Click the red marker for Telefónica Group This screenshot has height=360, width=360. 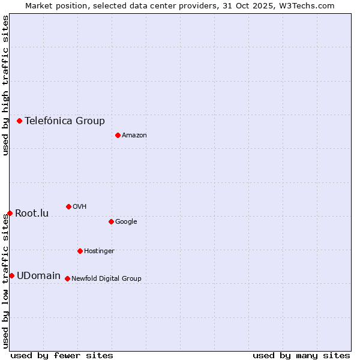click(19, 121)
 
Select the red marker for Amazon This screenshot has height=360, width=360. click(118, 135)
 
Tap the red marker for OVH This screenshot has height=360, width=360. click(68, 206)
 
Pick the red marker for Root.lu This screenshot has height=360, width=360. click(10, 213)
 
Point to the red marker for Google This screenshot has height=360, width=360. click(111, 221)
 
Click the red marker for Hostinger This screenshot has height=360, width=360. click(80, 251)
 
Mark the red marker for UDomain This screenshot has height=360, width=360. click(11, 275)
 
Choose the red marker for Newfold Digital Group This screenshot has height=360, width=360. click(67, 278)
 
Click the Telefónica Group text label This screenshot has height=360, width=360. click(65, 121)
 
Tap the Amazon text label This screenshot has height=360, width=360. click(134, 135)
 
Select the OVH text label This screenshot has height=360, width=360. click(80, 206)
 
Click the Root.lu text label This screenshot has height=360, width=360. click(32, 213)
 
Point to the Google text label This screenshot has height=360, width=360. click(126, 221)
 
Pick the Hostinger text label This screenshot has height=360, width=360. click(99, 251)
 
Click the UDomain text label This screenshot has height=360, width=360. click(38, 275)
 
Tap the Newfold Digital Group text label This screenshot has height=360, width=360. click(106, 278)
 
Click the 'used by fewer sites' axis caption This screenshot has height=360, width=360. click(62, 355)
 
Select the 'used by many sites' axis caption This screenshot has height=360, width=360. click(301, 355)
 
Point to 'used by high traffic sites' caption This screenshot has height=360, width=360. click(5, 85)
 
